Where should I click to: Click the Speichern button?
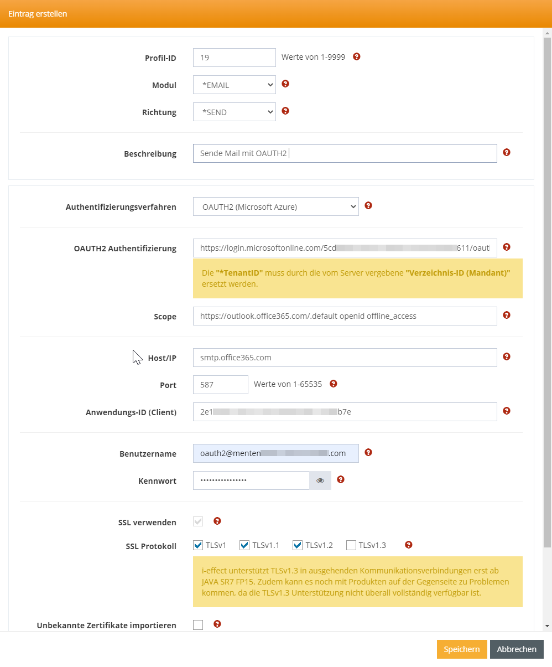461,649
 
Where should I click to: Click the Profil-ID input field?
234,58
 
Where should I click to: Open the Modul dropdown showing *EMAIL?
234,85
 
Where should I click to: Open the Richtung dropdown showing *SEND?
234,112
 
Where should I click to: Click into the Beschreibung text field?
345,153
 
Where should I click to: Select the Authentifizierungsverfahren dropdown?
275,207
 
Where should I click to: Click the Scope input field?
345,316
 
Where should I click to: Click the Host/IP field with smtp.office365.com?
345,358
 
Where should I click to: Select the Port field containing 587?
220,385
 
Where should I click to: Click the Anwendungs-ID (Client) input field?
345,412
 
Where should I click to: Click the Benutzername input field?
275,453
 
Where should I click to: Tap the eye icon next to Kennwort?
320,480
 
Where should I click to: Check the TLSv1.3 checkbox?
351,546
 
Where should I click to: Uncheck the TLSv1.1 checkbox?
244,546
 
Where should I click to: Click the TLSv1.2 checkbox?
298,546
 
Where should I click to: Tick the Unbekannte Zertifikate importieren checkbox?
198,625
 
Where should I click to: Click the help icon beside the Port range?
333,384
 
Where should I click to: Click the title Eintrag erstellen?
38,14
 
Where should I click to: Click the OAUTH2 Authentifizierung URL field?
345,248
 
